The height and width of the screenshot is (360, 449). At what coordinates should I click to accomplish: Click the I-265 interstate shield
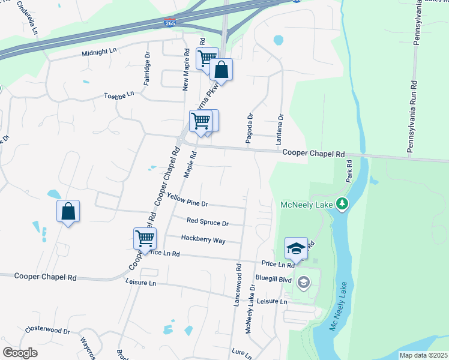170,23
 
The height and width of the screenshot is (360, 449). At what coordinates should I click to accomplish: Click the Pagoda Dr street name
249,127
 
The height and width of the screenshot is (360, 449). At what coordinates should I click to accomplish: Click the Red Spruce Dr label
208,223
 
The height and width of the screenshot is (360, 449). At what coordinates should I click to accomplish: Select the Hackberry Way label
203,239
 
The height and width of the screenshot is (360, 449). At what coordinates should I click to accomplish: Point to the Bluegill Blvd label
273,280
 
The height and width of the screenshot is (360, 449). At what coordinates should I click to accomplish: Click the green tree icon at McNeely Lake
342,205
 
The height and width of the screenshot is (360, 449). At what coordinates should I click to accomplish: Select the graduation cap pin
296,248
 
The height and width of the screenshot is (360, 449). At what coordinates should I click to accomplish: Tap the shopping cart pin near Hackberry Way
145,238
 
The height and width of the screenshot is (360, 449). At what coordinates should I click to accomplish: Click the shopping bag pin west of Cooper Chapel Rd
68,211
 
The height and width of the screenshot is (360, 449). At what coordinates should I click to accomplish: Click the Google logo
20,352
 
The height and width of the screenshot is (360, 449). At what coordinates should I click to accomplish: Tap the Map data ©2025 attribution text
423,355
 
